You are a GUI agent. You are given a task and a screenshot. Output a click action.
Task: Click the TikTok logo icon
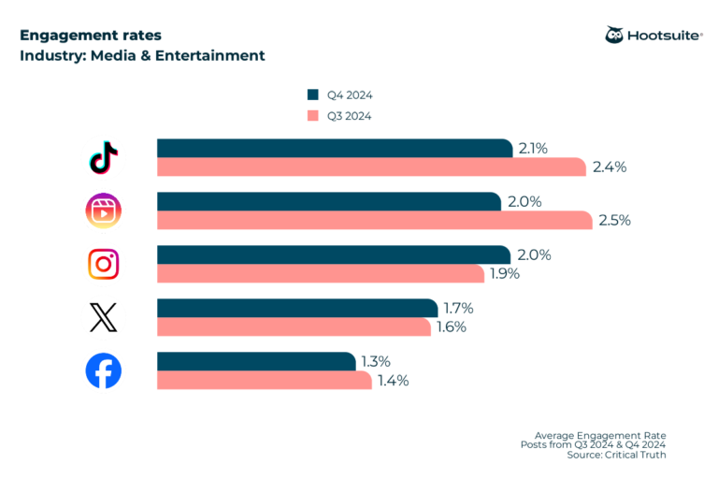click(103, 158)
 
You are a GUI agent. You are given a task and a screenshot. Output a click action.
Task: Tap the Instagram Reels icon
click(103, 211)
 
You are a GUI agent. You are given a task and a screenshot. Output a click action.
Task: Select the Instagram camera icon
click(103, 265)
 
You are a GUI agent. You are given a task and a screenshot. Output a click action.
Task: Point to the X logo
click(103, 318)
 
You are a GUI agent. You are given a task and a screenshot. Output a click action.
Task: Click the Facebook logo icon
click(103, 371)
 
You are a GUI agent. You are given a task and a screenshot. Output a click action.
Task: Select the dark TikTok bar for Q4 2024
click(335, 149)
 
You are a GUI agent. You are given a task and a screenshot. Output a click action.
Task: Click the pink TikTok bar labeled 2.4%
click(371, 167)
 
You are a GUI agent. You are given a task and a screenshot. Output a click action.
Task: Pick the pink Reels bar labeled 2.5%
click(374, 221)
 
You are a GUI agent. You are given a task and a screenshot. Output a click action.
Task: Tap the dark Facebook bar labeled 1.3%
click(256, 362)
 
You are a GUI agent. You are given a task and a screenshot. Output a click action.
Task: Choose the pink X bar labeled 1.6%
click(294, 327)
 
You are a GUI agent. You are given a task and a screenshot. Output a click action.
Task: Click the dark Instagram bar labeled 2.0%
click(334, 255)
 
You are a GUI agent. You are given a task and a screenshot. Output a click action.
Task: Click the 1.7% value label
click(459, 309)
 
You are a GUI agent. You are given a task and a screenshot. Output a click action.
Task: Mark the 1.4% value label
click(393, 381)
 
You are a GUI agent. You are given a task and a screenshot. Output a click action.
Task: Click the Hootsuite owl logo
click(615, 36)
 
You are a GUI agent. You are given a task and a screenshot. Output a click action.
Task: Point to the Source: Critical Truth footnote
click(616, 455)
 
